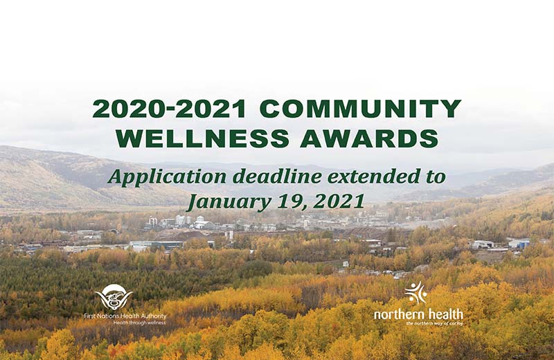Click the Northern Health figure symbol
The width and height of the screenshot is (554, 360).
(415, 293)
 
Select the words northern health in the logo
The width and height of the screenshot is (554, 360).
(418, 314)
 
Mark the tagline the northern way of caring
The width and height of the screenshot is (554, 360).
(434, 323)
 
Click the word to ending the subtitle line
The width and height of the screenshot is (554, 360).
(436, 177)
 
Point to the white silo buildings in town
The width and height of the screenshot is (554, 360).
(200, 222)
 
